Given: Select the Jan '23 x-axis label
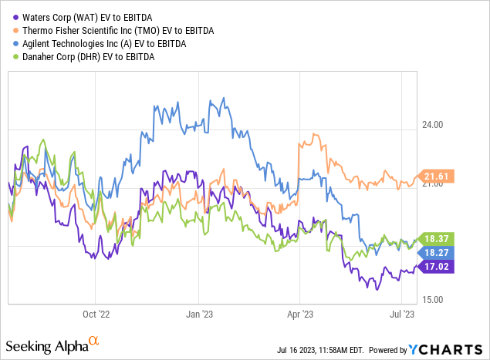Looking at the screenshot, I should pos(203,314).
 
